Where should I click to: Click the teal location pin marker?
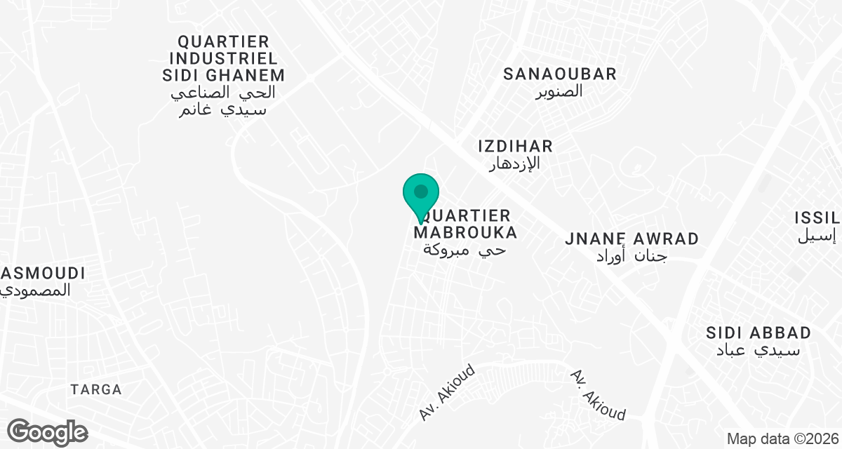click(x=421, y=193)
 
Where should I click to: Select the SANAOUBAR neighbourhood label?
click(x=560, y=74)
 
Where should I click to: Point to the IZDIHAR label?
click(x=516, y=146)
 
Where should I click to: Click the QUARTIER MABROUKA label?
click(x=466, y=223)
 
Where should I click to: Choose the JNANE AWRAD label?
click(x=631, y=239)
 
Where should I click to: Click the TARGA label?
click(x=96, y=389)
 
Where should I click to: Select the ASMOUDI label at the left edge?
click(x=42, y=273)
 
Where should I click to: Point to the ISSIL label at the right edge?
click(x=818, y=217)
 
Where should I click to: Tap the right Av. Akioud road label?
click(x=598, y=395)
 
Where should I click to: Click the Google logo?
click(x=47, y=431)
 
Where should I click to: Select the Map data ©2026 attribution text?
click(x=782, y=439)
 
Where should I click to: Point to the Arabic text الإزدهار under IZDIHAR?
click(x=516, y=163)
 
